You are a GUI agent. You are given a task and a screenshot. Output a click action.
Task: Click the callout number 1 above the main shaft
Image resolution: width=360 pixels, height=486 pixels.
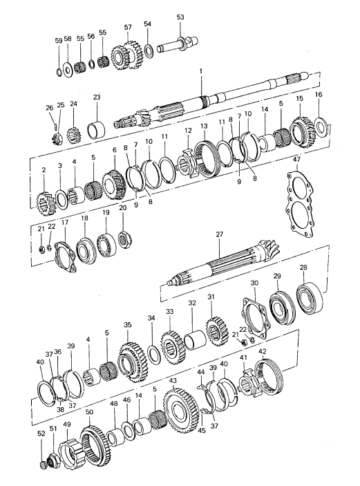tap(200, 71)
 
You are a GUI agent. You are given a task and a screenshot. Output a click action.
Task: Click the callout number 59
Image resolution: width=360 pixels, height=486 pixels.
tap(59, 41)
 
